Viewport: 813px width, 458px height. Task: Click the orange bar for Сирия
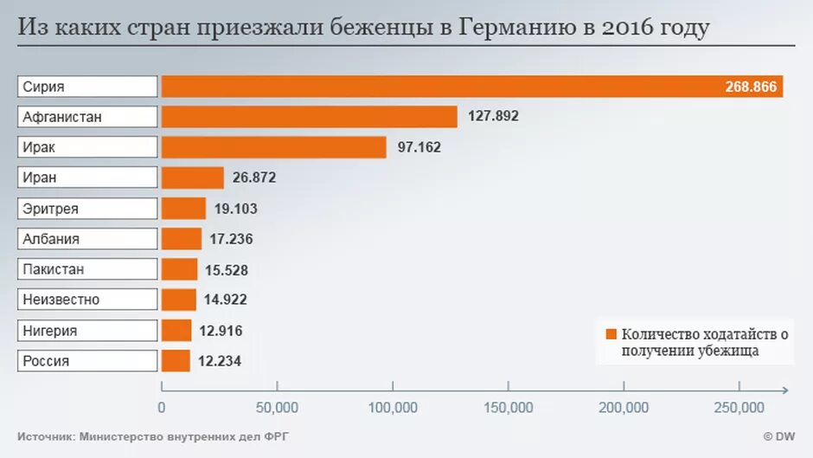pos(471,87)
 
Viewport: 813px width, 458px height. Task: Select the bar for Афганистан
pos(309,117)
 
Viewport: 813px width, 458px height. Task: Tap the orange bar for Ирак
pos(273,147)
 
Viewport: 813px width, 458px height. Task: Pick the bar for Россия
pos(176,361)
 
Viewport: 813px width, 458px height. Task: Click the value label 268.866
pos(752,87)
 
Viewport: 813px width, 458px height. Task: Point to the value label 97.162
pos(419,147)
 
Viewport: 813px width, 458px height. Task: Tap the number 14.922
pos(226,300)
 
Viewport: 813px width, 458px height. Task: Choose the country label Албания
pos(51,239)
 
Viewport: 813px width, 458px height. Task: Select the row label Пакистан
pos(54,269)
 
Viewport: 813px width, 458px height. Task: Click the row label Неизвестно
pos(61,300)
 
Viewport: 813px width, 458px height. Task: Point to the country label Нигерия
pos(50,331)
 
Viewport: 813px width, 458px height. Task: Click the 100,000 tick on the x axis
pos(393,408)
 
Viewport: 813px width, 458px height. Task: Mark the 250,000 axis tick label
pos(739,408)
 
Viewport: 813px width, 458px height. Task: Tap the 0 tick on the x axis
pos(162,408)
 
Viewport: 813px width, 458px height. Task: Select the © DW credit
pos(778,437)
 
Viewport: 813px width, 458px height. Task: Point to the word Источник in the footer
pos(45,437)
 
